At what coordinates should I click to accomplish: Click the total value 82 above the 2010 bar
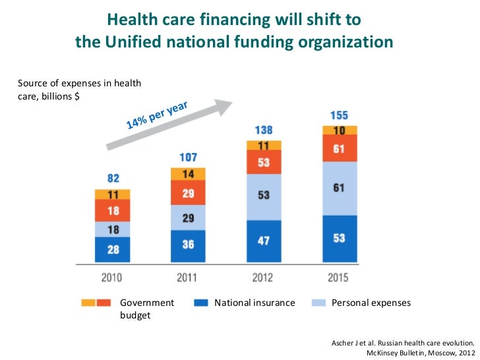click(113, 179)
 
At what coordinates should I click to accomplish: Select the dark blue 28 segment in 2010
click(113, 249)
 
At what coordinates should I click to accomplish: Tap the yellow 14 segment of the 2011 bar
click(188, 174)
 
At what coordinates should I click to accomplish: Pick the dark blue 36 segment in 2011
click(188, 245)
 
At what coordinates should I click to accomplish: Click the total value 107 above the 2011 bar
click(188, 158)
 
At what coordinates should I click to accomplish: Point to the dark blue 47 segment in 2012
click(264, 241)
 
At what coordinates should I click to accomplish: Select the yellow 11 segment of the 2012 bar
click(264, 145)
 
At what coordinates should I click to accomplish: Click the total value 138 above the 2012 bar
click(264, 130)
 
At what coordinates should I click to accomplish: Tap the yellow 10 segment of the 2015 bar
click(339, 131)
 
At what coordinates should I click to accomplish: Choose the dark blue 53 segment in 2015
click(339, 239)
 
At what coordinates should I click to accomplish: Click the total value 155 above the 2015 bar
click(339, 115)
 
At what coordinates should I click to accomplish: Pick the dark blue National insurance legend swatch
click(201, 303)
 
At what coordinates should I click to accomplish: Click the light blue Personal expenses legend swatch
click(318, 303)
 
